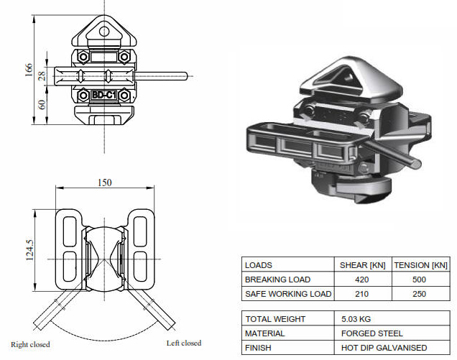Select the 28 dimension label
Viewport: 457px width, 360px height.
coord(42,75)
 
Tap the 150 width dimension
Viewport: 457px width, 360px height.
coord(105,183)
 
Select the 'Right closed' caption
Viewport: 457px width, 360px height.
coord(30,344)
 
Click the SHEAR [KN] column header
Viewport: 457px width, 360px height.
coord(362,265)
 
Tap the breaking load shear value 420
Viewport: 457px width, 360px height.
coord(362,280)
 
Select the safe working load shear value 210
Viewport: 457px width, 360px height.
coord(362,294)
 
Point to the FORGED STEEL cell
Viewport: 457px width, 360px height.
coord(371,333)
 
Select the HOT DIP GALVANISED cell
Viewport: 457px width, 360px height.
coord(384,348)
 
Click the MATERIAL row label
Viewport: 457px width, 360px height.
coord(264,333)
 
